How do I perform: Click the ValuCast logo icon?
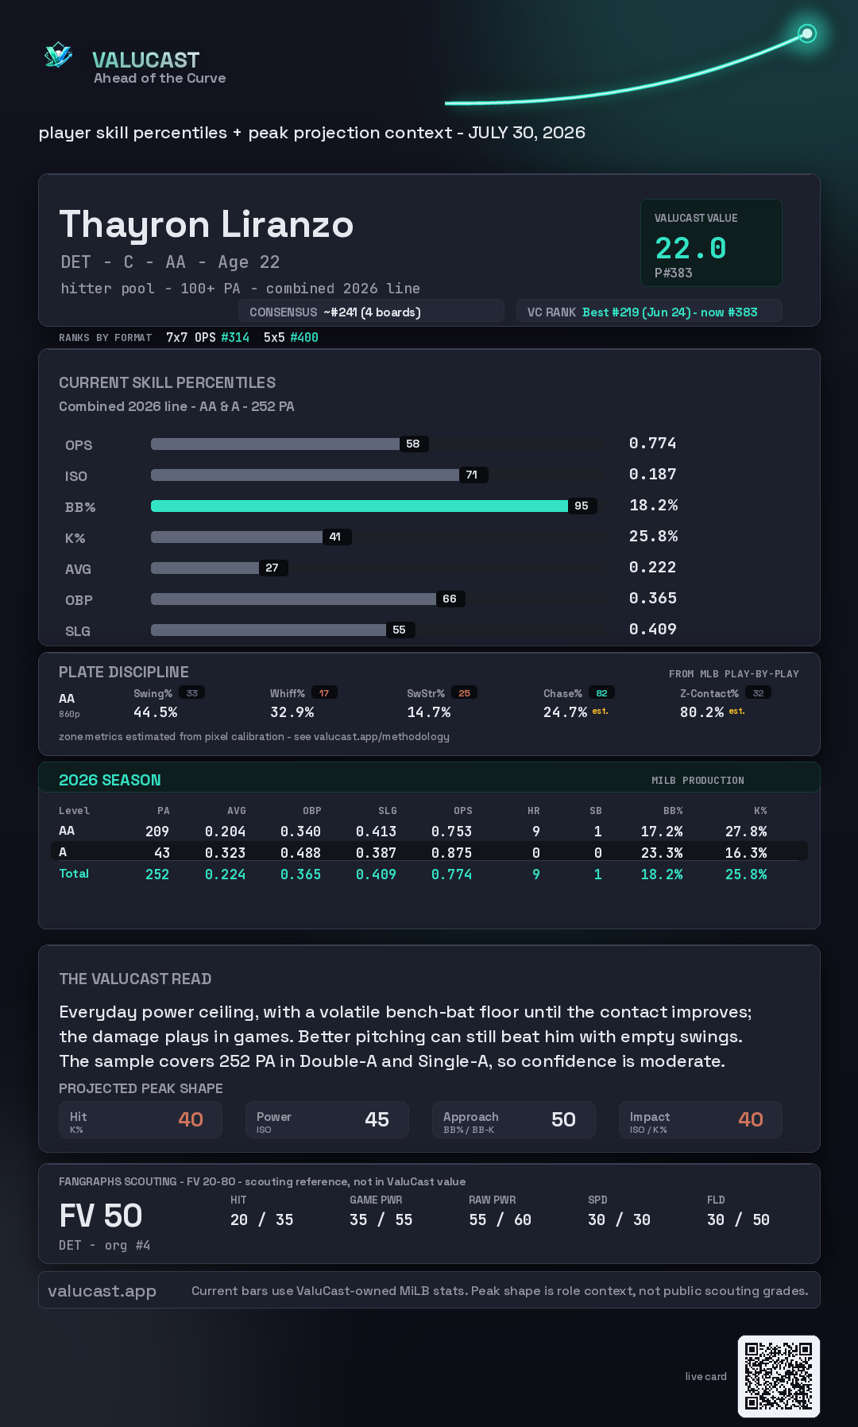pyautogui.click(x=58, y=55)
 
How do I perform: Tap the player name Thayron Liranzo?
pyautogui.click(x=207, y=224)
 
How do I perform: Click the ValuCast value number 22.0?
pyautogui.click(x=690, y=248)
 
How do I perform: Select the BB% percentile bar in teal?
pyautogui.click(x=359, y=506)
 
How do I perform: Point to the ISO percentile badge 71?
pyautogui.click(x=473, y=475)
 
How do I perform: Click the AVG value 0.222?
pyautogui.click(x=652, y=567)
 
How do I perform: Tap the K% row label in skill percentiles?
pyautogui.click(x=75, y=538)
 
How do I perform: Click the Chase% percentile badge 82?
pyautogui.click(x=602, y=693)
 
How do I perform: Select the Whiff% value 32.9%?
pyautogui.click(x=292, y=712)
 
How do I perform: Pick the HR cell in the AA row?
pyautogui.click(x=536, y=832)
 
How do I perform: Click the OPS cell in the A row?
pyautogui.click(x=451, y=853)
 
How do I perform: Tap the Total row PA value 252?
pyautogui.click(x=157, y=874)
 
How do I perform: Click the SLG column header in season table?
pyautogui.click(x=388, y=811)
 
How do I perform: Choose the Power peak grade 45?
pyautogui.click(x=377, y=1119)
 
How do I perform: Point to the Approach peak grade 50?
pyautogui.click(x=563, y=1119)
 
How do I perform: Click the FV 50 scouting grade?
pyautogui.click(x=101, y=1216)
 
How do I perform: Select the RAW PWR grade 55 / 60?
pyautogui.click(x=500, y=1220)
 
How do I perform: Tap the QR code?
pyautogui.click(x=779, y=1376)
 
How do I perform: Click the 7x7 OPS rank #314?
pyautogui.click(x=235, y=337)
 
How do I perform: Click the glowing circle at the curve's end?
pyautogui.click(x=807, y=33)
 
